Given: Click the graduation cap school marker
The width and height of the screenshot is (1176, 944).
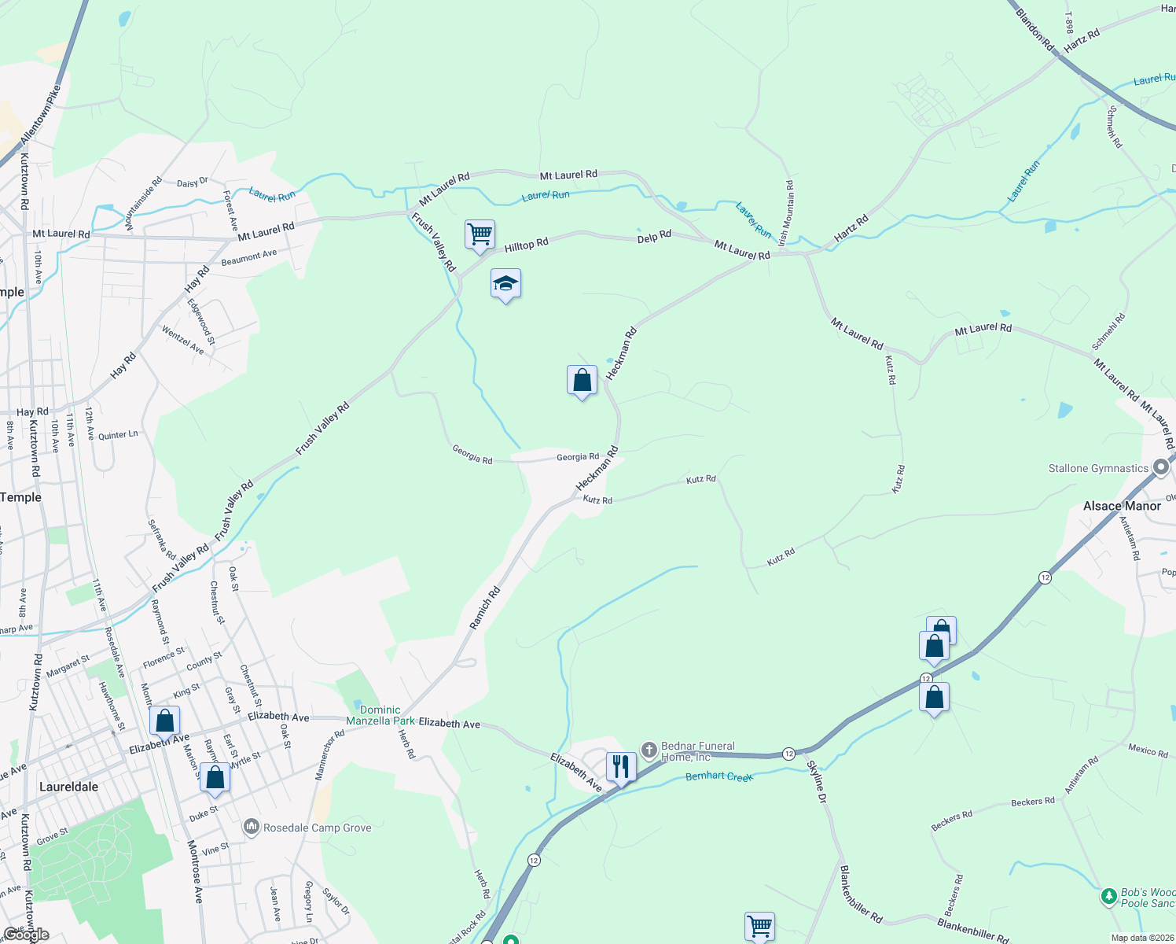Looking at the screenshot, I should pyautogui.click(x=505, y=285).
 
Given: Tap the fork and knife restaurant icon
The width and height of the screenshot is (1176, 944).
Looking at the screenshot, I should pyautogui.click(x=621, y=766).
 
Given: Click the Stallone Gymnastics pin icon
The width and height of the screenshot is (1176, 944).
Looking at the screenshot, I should pyautogui.click(x=1161, y=467).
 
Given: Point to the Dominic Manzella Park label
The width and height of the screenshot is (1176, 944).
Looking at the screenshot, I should pyautogui.click(x=380, y=715).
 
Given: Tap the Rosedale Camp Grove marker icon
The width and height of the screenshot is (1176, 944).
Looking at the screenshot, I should pyautogui.click(x=252, y=827).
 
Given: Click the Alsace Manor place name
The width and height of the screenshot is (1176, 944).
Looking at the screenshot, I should pyautogui.click(x=1122, y=506).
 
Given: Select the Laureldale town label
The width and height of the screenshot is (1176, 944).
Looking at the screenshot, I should pyautogui.click(x=69, y=787).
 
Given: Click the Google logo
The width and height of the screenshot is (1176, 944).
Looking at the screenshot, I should pyautogui.click(x=26, y=935).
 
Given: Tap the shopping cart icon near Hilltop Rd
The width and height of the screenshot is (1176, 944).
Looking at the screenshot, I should pyautogui.click(x=480, y=234).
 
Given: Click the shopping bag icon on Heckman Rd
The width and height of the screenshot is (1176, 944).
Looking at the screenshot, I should pyautogui.click(x=582, y=381).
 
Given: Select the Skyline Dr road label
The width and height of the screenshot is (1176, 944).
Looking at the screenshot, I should pyautogui.click(x=818, y=781).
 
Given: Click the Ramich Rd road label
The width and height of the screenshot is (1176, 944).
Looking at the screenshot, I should pyautogui.click(x=485, y=608).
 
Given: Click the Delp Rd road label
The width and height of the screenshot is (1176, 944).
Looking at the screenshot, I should pyautogui.click(x=654, y=236).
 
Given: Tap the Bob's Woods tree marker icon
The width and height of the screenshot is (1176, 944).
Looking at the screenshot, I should pyautogui.click(x=1108, y=896).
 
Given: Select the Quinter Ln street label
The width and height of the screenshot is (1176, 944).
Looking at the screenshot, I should pyautogui.click(x=118, y=435).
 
